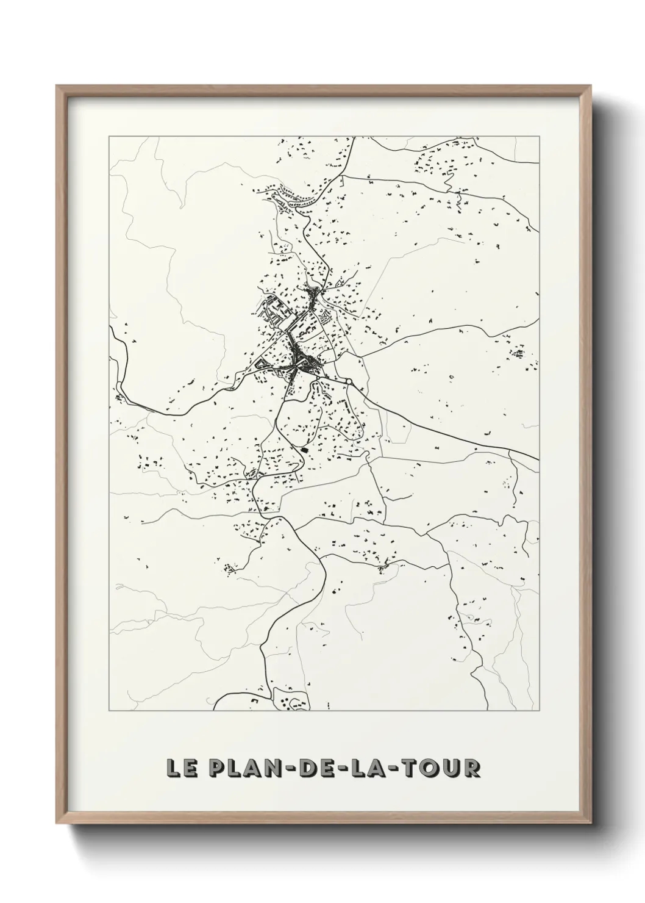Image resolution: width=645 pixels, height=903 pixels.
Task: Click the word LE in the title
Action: tap(182, 768)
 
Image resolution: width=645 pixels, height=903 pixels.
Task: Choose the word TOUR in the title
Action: tap(442, 768)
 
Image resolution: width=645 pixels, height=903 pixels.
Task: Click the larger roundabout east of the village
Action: tap(349, 382)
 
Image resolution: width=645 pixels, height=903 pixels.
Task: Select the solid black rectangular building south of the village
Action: tap(305, 450)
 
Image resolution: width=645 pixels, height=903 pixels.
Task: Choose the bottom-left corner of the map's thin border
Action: tap(109, 711)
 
